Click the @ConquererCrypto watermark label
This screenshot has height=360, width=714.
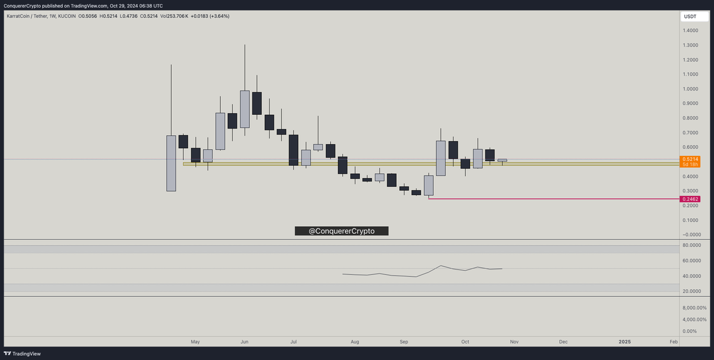pyautogui.click(x=342, y=231)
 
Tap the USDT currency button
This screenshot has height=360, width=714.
pyautogui.click(x=690, y=17)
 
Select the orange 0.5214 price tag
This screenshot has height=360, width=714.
pyautogui.click(x=690, y=159)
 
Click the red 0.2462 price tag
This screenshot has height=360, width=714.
pyautogui.click(x=690, y=199)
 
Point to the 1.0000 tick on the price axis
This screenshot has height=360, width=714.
pyautogui.click(x=691, y=89)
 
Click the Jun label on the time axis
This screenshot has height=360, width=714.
pyautogui.click(x=245, y=342)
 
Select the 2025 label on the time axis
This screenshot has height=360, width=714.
pyautogui.click(x=624, y=342)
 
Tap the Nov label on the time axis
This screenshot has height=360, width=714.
pyautogui.click(x=514, y=342)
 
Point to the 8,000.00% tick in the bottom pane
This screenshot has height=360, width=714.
pyautogui.click(x=694, y=308)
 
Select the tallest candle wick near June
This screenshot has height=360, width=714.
pyautogui.click(x=245, y=65)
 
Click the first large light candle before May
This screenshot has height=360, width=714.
pyautogui.click(x=171, y=163)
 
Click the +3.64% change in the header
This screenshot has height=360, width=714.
pyautogui.click(x=217, y=16)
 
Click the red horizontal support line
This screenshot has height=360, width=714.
pyautogui.click(x=553, y=199)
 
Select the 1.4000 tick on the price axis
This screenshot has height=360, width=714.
pyautogui.click(x=691, y=31)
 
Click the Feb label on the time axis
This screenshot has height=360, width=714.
pyautogui.click(x=674, y=342)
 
